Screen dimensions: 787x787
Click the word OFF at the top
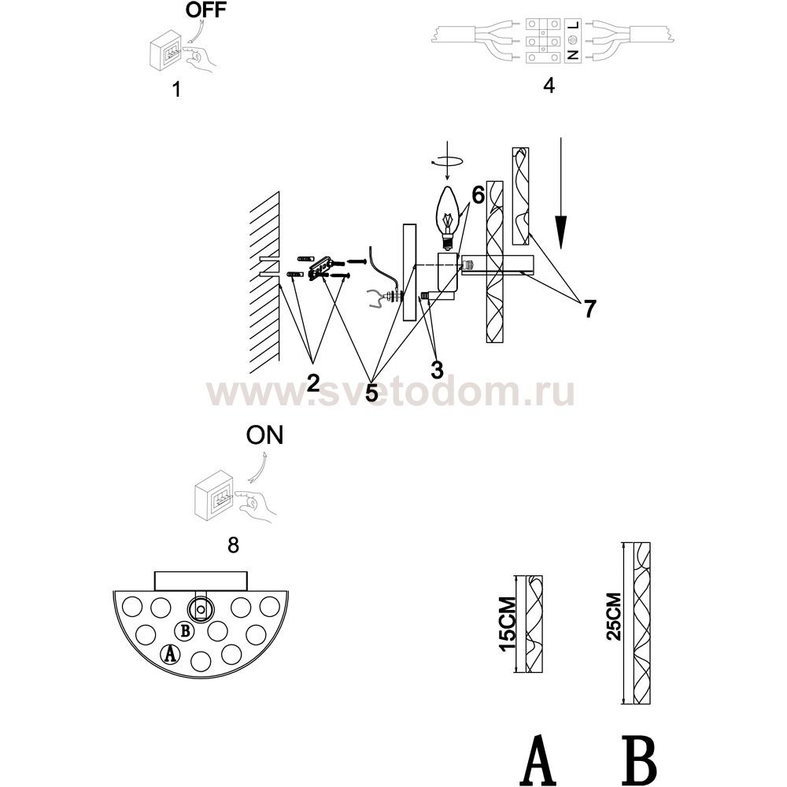[x=205, y=9]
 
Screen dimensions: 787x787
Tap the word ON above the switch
[x=264, y=435]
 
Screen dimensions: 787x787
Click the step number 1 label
[x=176, y=90]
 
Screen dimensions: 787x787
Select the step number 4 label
[x=549, y=85]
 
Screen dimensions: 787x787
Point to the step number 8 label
[x=233, y=545]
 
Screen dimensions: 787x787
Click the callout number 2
[x=312, y=382]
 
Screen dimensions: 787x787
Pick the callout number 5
[x=371, y=393]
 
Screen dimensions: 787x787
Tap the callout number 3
[x=437, y=371]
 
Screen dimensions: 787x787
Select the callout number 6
[x=478, y=194]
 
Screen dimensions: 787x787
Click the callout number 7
[x=589, y=309]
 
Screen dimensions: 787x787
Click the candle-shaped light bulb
[x=448, y=217]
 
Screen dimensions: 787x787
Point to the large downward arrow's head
[x=560, y=231]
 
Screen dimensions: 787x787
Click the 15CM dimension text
[x=508, y=623]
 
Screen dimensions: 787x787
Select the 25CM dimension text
[x=614, y=616]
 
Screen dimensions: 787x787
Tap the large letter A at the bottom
[x=538, y=759]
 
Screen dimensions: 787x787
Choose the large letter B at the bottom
[x=639, y=759]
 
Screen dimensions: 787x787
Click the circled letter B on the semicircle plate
[x=185, y=631]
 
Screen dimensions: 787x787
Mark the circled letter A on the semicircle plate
[x=170, y=653]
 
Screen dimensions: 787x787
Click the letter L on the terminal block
[x=573, y=24]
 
